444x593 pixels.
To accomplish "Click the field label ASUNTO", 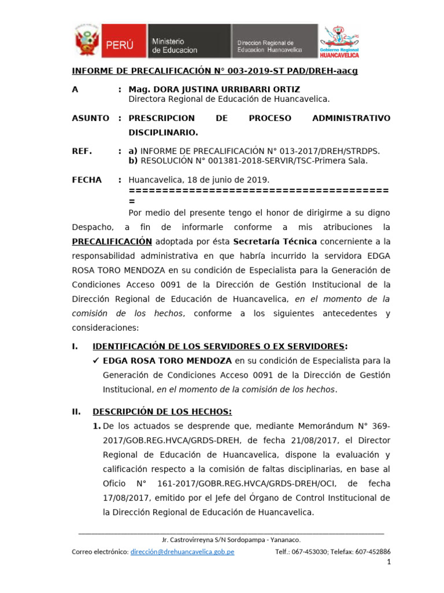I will [x=90, y=118].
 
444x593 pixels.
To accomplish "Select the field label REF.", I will [x=82, y=151].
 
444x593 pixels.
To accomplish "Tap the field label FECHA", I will [x=87, y=180].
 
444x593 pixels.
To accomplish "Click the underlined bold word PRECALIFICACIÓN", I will [x=112, y=241].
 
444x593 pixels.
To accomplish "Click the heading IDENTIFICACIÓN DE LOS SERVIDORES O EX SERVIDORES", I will [x=220, y=346].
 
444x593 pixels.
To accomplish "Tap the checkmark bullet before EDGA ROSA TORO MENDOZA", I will [x=97, y=361].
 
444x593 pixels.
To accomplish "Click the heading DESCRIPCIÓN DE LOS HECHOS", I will [x=162, y=412].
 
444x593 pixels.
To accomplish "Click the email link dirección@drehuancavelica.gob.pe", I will [x=183, y=552].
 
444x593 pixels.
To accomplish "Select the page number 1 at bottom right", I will [x=388, y=562].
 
